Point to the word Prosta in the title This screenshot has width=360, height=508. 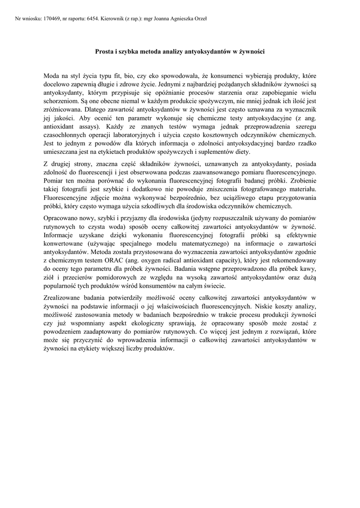(105, 51)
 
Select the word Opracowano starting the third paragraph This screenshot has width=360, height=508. (63, 218)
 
